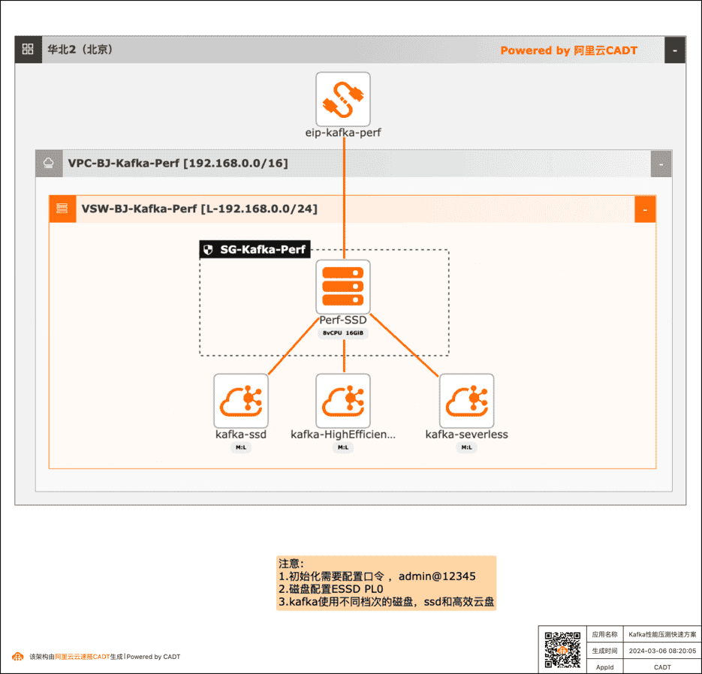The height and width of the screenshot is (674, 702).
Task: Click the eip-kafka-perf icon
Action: [x=343, y=99]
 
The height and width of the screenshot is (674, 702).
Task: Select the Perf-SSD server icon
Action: [x=343, y=287]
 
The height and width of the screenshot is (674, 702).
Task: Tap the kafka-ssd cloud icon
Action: [x=241, y=401]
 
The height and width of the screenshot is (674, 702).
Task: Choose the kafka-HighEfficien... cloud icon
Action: [x=343, y=401]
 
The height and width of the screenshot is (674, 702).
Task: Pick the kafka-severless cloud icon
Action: [x=466, y=401]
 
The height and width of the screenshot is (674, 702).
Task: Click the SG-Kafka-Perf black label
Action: [x=255, y=249]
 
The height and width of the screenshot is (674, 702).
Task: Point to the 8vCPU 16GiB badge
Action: [x=343, y=333]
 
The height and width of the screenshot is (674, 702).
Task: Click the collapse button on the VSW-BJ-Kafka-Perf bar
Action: [x=645, y=209]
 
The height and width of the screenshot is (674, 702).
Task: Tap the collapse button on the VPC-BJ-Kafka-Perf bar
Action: [x=661, y=164]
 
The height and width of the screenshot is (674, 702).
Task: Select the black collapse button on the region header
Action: [x=675, y=50]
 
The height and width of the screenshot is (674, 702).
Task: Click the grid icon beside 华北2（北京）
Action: [x=28, y=50]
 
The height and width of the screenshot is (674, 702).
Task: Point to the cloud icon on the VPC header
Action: [x=49, y=164]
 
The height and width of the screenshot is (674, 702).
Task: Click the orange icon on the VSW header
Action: [x=62, y=209]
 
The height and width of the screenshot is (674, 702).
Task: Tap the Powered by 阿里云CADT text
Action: [x=568, y=50]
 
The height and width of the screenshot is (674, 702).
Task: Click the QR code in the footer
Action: [x=562, y=650]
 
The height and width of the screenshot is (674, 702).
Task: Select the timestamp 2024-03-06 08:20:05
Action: [x=662, y=651]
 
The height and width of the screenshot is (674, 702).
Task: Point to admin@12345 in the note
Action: [x=437, y=576]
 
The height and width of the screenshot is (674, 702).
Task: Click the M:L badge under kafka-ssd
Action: [x=241, y=447]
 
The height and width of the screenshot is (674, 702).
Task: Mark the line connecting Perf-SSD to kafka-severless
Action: [x=404, y=345]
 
